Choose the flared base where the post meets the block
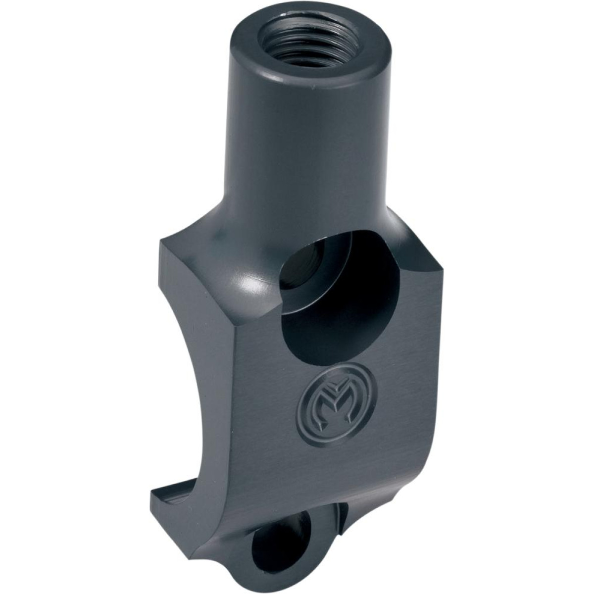point(277,223)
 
